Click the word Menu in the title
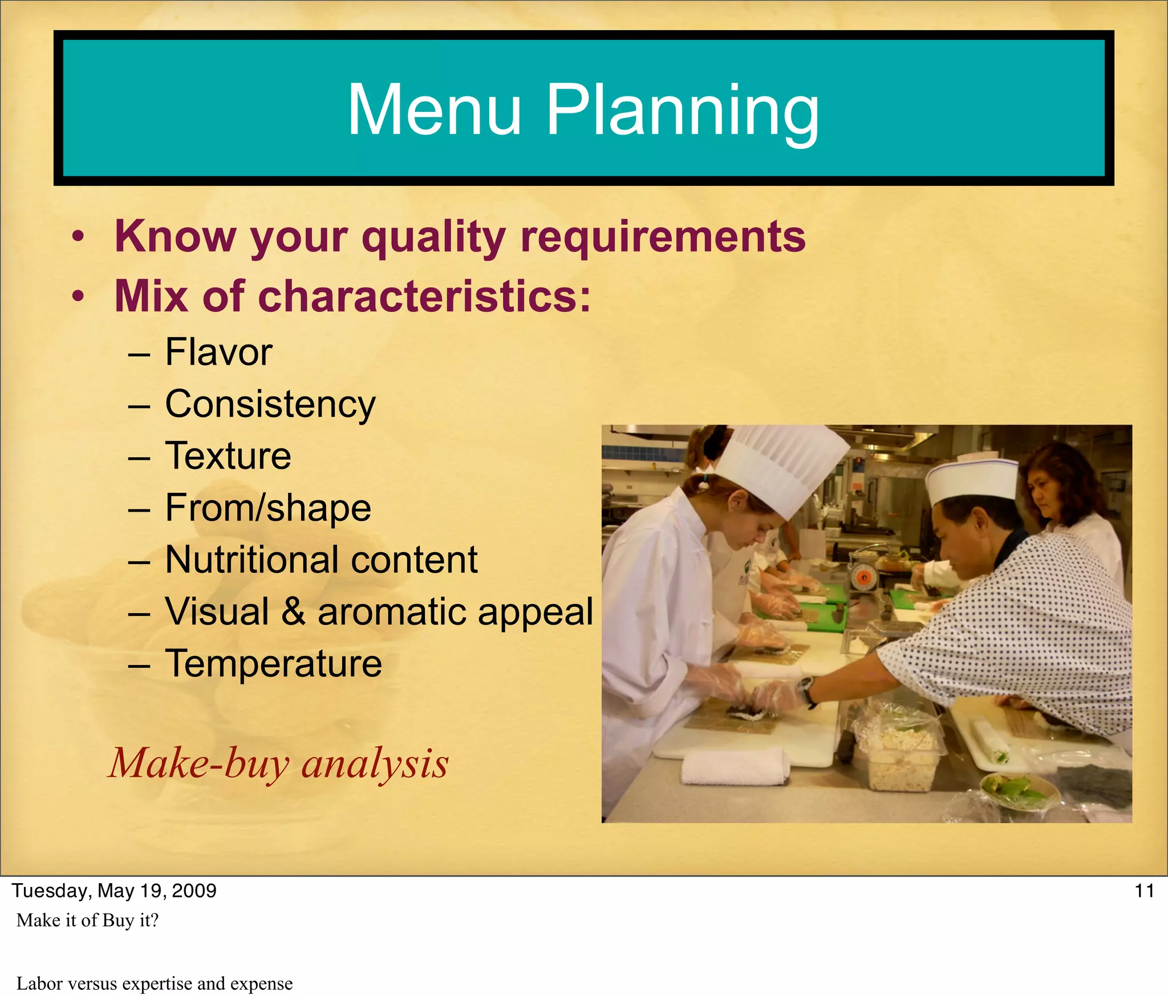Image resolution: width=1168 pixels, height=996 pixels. point(435,110)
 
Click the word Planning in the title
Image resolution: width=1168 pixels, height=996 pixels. point(683,111)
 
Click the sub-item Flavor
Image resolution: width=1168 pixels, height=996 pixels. point(218,352)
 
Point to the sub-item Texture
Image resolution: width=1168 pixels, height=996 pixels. point(228,456)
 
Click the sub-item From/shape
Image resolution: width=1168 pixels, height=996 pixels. point(268,508)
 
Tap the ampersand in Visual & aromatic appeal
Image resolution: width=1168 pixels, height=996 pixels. point(293,612)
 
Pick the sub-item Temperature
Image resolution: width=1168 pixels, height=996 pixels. point(273,663)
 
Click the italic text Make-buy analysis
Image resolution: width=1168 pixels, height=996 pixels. point(278,763)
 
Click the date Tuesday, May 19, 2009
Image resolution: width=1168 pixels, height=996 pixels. point(114,890)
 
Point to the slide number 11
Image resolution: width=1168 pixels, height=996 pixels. point(1144,890)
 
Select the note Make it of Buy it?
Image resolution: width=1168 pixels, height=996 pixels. point(87,920)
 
